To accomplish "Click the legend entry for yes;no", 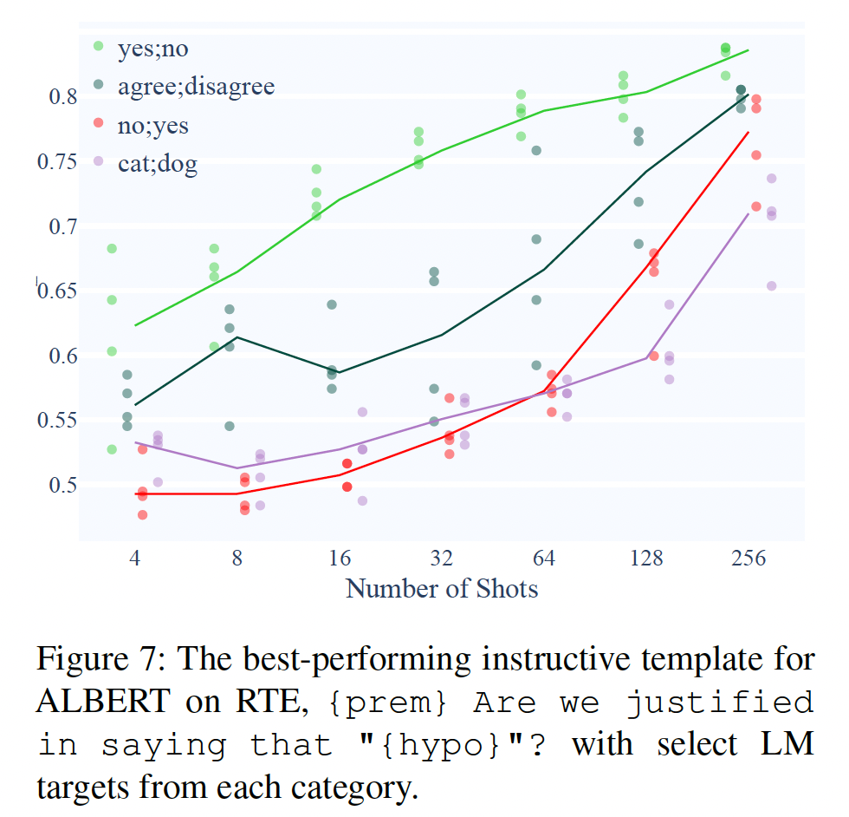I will [x=152, y=48].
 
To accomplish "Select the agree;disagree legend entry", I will [x=196, y=87].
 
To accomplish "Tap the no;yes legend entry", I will [x=152, y=126].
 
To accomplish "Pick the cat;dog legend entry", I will [x=157, y=164].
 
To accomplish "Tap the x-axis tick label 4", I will [x=134, y=558].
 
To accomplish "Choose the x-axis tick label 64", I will [x=544, y=558].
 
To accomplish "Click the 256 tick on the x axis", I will [x=749, y=558].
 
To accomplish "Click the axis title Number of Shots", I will [x=442, y=589].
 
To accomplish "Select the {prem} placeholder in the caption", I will [x=389, y=703].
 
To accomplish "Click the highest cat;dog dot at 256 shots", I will [x=771, y=179].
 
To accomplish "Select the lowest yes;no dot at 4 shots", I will [x=112, y=449].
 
